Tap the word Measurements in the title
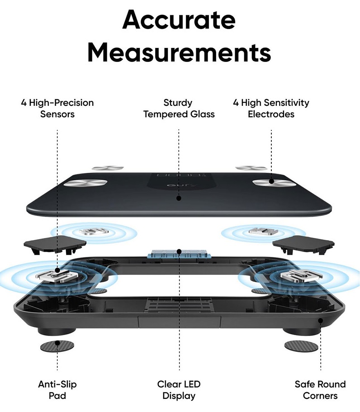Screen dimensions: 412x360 pos(179,52)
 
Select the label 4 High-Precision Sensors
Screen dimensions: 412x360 pos(57,108)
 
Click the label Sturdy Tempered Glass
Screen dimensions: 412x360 pos(179,108)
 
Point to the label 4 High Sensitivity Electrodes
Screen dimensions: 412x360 pos(271,108)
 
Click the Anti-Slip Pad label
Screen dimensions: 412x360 pos(57,390)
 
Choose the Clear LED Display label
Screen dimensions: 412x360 pos(179,390)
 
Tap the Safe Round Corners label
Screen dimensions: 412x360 pos(320,390)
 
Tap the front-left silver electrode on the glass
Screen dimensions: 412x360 pos(85,183)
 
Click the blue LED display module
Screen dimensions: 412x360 pos(179,254)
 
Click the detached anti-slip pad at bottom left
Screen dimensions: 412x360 pos(57,346)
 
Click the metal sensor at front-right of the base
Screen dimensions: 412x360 pos(294,275)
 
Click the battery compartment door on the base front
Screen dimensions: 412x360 pos(179,322)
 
